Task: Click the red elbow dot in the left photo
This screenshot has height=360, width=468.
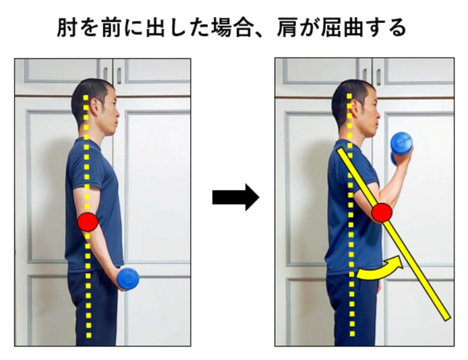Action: [88, 222]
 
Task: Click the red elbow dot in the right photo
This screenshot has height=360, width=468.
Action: [382, 212]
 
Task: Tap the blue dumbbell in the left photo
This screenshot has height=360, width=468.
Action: [128, 279]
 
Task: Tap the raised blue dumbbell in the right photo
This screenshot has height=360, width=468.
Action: [401, 148]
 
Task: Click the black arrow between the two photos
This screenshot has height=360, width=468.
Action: [236, 197]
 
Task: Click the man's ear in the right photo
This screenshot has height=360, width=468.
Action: [356, 108]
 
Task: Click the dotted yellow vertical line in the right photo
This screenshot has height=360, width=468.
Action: [351, 215]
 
